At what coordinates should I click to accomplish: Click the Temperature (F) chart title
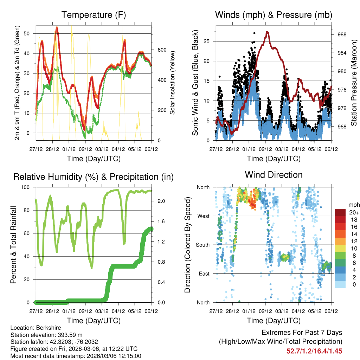click(x=94, y=15)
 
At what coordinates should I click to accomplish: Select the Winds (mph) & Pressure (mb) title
click(x=274, y=15)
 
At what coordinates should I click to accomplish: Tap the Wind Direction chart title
click(x=274, y=175)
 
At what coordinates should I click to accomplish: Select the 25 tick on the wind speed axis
click(x=207, y=41)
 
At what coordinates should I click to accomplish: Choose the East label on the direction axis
click(x=204, y=274)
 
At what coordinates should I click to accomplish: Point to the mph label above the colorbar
click(x=353, y=205)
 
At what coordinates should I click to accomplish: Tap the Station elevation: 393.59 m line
click(x=47, y=335)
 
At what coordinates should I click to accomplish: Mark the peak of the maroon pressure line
click(x=268, y=32)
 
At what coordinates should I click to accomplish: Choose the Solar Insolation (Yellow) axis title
click(x=172, y=83)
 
